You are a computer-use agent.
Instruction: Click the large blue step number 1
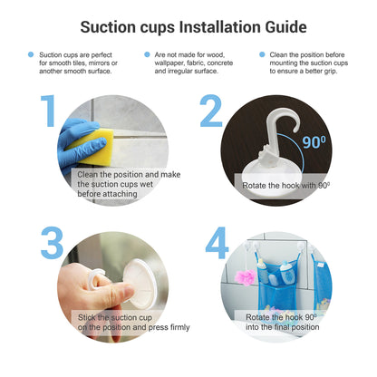[x=49, y=111]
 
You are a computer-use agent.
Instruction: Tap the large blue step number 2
[x=211, y=111]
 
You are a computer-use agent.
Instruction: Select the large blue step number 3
[x=52, y=243]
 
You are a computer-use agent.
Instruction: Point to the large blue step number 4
[x=217, y=243]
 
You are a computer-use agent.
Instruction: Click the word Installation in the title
[x=220, y=27]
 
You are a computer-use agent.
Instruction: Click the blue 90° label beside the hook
[x=314, y=142]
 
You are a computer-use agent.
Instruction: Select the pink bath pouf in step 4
[x=246, y=277]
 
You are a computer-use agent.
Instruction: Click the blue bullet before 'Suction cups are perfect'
[x=31, y=54]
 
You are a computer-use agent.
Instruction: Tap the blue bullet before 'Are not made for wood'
[x=147, y=54]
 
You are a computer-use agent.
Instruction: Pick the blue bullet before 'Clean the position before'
[x=262, y=54]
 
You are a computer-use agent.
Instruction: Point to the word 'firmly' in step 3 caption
[x=180, y=327]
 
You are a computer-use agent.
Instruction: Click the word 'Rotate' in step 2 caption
[x=254, y=186]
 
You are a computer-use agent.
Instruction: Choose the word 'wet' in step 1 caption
[x=146, y=184]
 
